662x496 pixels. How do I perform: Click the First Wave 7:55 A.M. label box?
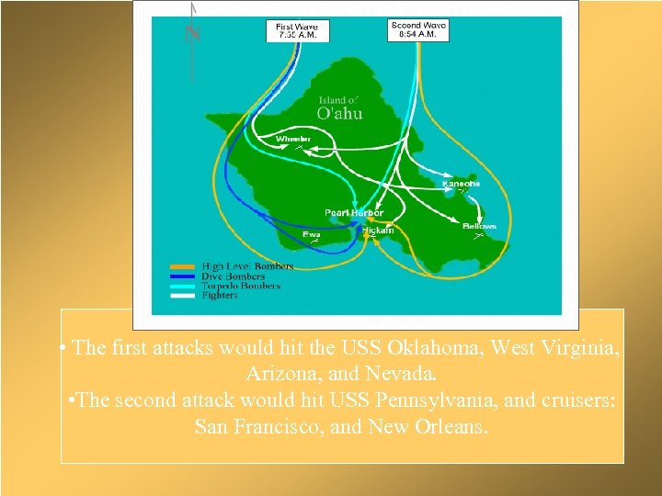click(x=297, y=30)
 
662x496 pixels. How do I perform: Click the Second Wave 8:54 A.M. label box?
click(x=418, y=29)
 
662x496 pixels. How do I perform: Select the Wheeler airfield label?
click(x=293, y=140)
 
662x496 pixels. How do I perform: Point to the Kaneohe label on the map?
click(x=461, y=184)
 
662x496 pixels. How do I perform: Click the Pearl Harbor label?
click(x=354, y=213)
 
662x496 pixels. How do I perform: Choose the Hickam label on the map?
click(x=377, y=230)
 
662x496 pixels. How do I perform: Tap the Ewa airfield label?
click(x=313, y=234)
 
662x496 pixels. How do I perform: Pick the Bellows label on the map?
click(x=479, y=226)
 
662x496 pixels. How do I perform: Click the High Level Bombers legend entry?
click(x=246, y=266)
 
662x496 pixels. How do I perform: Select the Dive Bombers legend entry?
click(x=233, y=276)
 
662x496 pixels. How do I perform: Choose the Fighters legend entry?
click(x=220, y=295)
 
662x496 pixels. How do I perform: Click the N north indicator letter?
click(x=192, y=35)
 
